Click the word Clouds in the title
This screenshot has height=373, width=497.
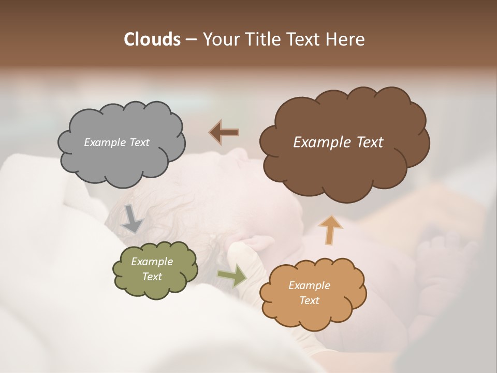(152, 39)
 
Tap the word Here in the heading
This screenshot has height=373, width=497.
(347, 39)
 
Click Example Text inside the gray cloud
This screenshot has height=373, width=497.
(116, 142)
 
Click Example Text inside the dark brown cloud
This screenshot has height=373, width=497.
(338, 142)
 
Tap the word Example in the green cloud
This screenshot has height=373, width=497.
(152, 262)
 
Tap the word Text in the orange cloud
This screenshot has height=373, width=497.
(309, 300)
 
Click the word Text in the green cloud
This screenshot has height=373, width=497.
(152, 277)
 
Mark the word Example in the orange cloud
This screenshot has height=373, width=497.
(309, 285)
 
